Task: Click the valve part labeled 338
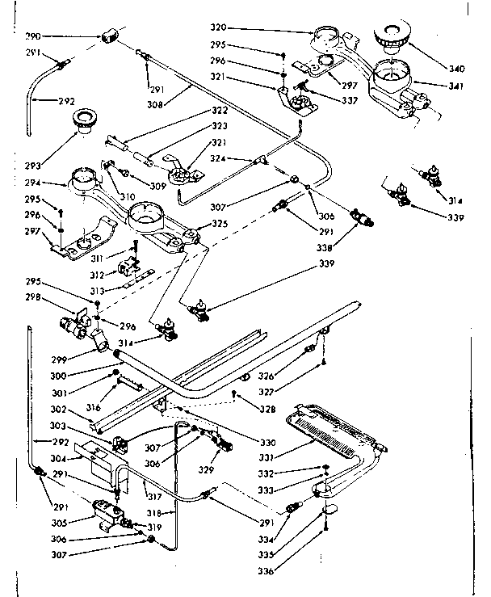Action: (x=361, y=219)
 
